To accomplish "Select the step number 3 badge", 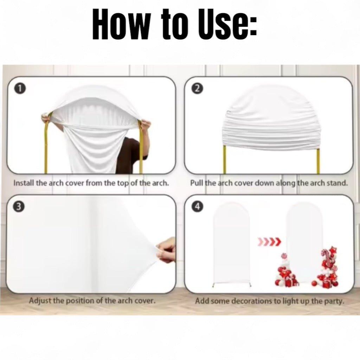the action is (x=19, y=206).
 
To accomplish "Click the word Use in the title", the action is (x=227, y=24).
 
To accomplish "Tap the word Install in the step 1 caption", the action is (x=24, y=183).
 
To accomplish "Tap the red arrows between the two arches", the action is (x=269, y=241).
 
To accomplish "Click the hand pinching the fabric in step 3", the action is (x=166, y=250).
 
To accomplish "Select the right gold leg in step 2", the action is (x=318, y=161).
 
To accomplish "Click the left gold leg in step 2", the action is (x=225, y=160).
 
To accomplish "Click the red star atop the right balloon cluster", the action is (x=333, y=250).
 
